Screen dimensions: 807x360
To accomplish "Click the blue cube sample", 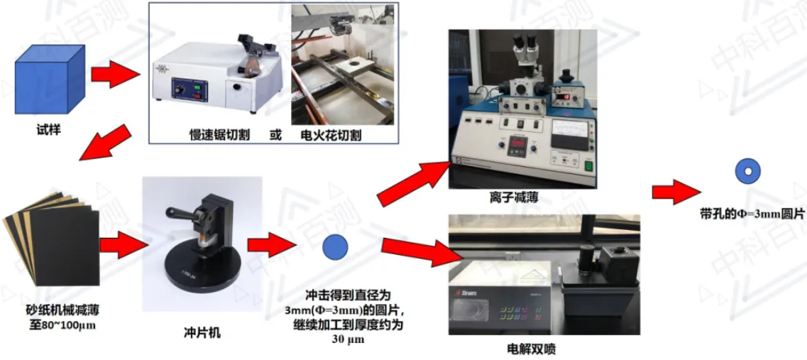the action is pyautogui.click(x=50, y=80).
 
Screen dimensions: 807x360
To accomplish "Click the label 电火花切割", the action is pyautogui.click(x=331, y=136).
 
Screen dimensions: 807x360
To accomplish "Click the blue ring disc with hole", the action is pyautogui.click(x=748, y=172).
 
